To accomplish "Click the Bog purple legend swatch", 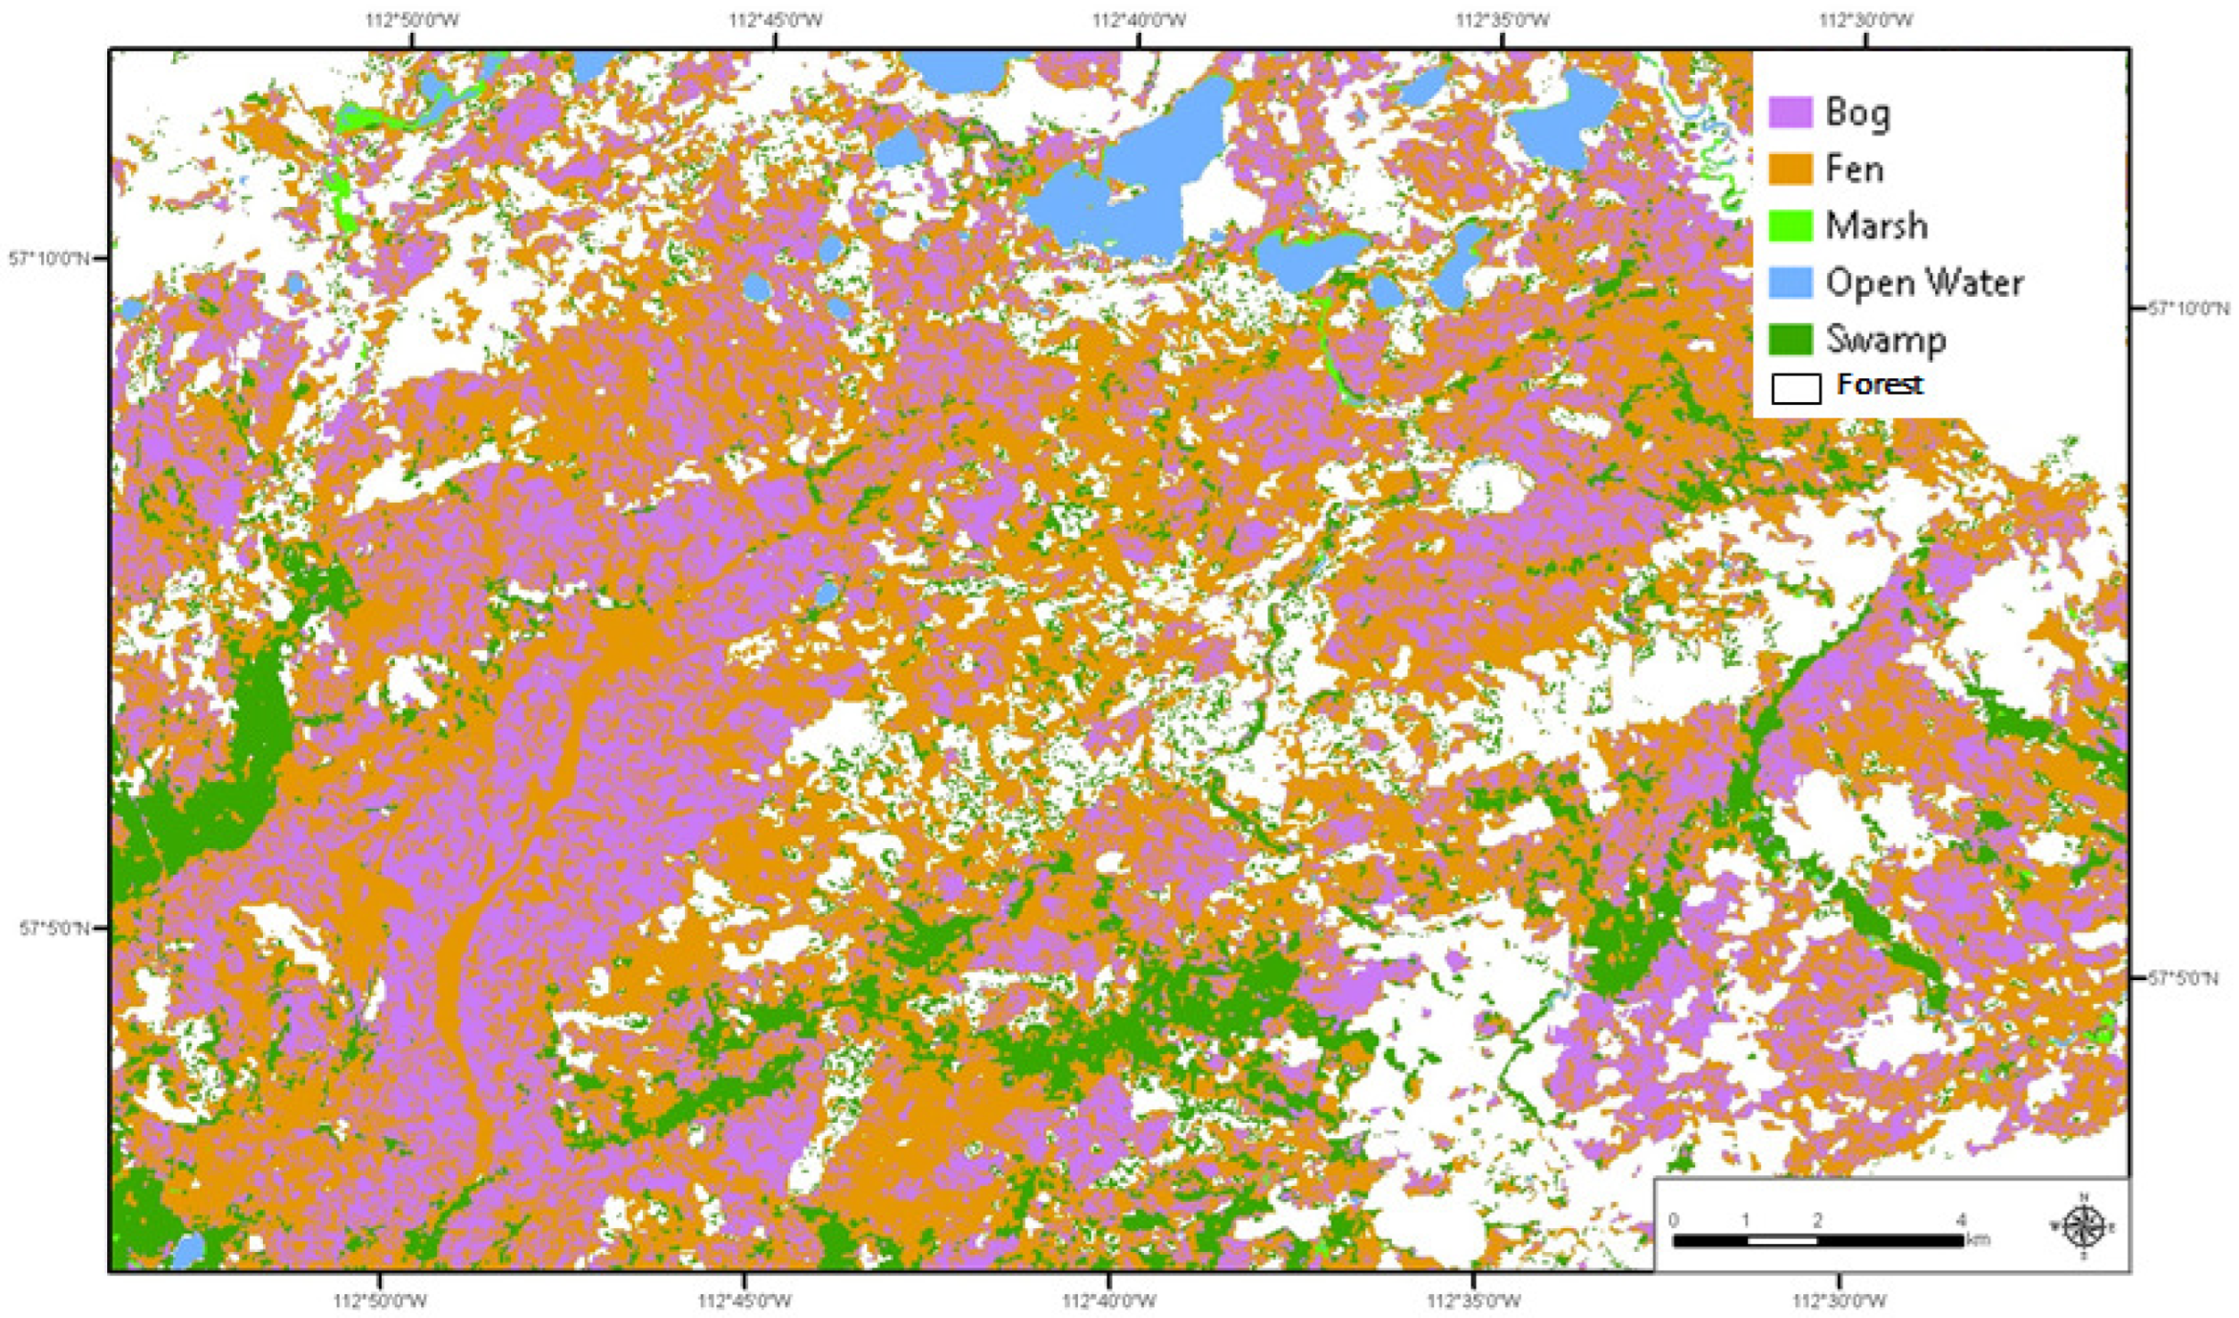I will tap(1789, 113).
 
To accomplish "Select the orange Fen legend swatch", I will tap(1789, 169).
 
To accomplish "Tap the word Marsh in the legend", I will tap(1876, 226).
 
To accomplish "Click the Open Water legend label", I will tap(1924, 283).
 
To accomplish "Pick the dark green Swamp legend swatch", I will tap(1789, 339).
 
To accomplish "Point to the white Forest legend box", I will tap(1795, 388).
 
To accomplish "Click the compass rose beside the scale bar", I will tap(2083, 1225).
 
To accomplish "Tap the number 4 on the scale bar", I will tap(1961, 1220).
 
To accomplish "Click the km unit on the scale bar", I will tap(1978, 1240).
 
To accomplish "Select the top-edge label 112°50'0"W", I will tap(412, 19).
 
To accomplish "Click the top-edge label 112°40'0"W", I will tap(1138, 19).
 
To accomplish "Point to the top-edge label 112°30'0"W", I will tap(1865, 19).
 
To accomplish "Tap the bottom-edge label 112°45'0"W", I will tap(745, 1301).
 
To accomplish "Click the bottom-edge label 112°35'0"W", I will tap(1473, 1301).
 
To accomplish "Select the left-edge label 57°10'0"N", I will tap(49, 259).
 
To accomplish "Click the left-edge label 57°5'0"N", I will tap(54, 929).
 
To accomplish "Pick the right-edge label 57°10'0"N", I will tap(2188, 309).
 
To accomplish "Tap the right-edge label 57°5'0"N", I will tap(2183, 978).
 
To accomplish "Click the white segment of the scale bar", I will tap(1781, 1241).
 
